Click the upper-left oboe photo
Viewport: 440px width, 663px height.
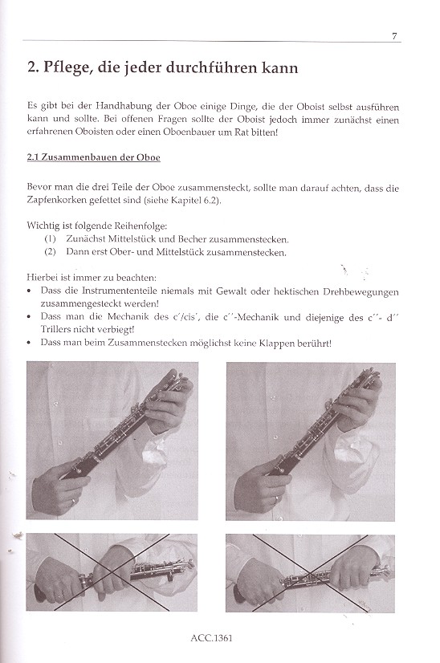coord(112,441)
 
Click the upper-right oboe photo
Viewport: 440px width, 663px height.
coord(310,441)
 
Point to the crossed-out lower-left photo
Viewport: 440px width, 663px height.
coord(112,572)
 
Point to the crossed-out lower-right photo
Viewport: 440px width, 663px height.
coord(310,572)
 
